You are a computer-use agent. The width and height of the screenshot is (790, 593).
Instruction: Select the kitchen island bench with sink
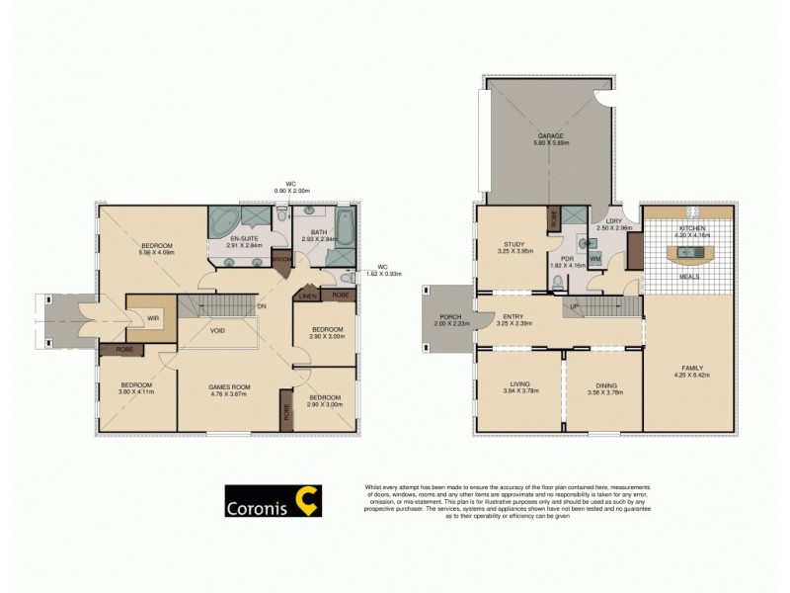tap(688, 254)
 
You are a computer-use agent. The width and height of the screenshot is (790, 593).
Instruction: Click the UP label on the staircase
tap(574, 306)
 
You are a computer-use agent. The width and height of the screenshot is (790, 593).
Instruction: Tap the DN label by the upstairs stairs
tap(262, 306)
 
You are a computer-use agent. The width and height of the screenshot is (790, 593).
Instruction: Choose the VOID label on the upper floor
tap(217, 330)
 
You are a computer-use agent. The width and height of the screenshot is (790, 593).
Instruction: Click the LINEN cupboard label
tap(306, 296)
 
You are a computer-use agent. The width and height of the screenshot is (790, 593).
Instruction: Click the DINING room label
tap(604, 386)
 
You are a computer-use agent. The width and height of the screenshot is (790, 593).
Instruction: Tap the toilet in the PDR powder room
tap(559, 282)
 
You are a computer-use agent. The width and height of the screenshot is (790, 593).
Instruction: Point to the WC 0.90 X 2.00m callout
tap(291, 187)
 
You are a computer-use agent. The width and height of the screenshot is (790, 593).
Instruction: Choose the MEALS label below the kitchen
tap(688, 277)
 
